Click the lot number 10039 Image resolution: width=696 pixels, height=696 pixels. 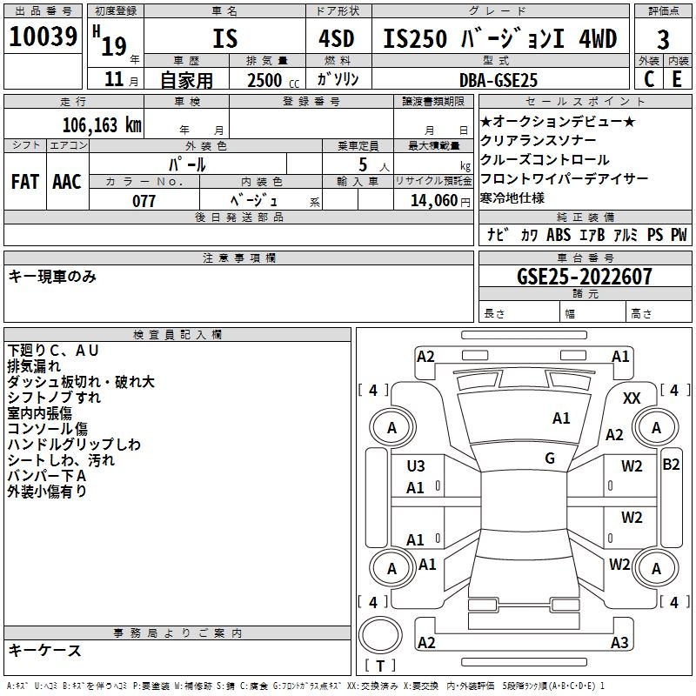pyautogui.click(x=43, y=37)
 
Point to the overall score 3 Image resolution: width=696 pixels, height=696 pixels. pyautogui.click(x=663, y=39)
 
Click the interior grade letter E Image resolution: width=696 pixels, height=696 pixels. pyautogui.click(x=677, y=79)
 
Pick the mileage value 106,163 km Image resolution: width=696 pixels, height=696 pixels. pyautogui.click(x=102, y=124)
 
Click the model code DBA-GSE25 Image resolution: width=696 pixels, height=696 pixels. pyautogui.click(x=499, y=80)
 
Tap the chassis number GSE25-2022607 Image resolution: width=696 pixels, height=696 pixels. pyautogui.click(x=585, y=277)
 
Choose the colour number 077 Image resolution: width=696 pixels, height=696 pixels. pyautogui.click(x=144, y=201)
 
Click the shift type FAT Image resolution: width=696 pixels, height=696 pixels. pyautogui.click(x=25, y=182)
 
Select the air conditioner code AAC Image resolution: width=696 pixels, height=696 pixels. pyautogui.click(x=67, y=182)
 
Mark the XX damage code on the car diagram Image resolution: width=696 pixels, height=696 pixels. pyautogui.click(x=632, y=398)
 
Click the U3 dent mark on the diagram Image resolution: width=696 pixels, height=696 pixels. pyautogui.click(x=416, y=466)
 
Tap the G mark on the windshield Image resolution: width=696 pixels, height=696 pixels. pyautogui.click(x=550, y=458)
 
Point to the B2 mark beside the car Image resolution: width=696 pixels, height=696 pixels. pyautogui.click(x=671, y=465)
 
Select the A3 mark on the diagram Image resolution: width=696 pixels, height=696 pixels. pyautogui.click(x=619, y=643)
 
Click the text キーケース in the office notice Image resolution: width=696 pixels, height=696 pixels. pyautogui.click(x=45, y=650)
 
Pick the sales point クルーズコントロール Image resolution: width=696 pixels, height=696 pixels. pyautogui.click(x=545, y=160)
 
